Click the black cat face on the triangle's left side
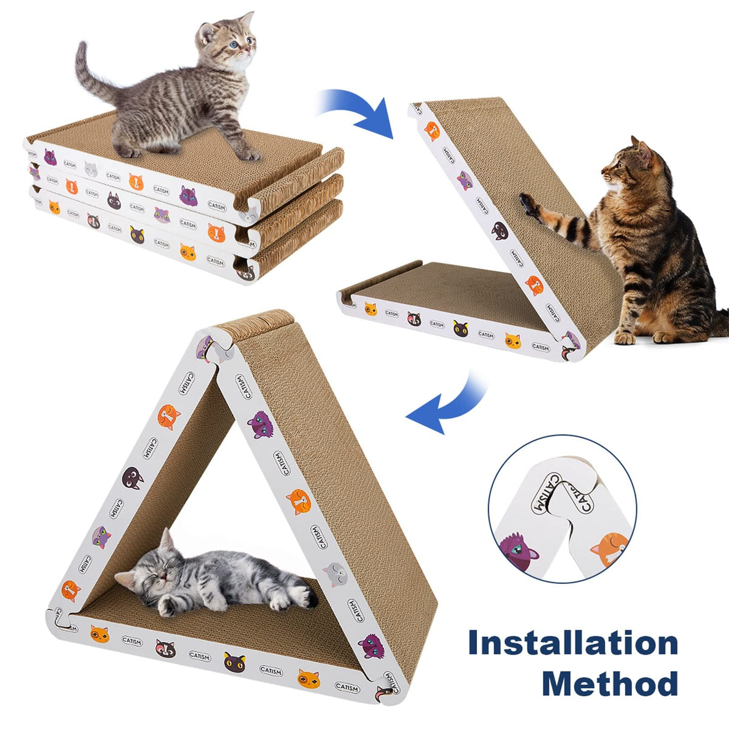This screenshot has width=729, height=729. point(132,477)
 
